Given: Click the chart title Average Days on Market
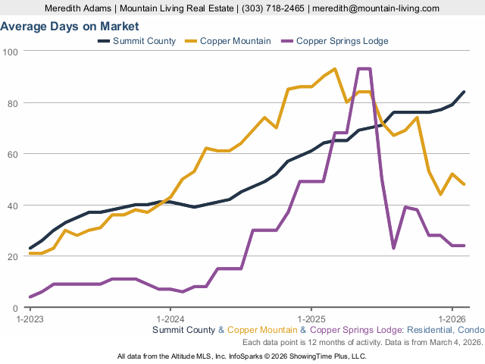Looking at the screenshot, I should point(69,26).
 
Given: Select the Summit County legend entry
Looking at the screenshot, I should point(144,40).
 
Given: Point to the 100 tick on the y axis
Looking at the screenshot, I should point(11,51).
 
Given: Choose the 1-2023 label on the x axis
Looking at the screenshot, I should point(30,318).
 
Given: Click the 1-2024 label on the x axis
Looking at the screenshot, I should point(170,318).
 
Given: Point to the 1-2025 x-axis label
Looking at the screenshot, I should point(311,318).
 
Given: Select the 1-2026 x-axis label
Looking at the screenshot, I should point(452,318).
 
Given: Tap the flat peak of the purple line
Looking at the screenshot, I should point(364,69).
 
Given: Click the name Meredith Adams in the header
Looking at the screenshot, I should point(78,8).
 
